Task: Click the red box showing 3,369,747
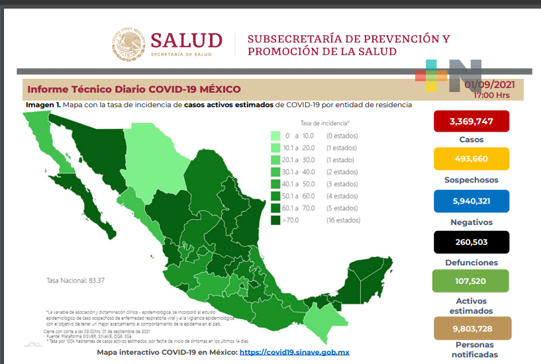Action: coord(471,121)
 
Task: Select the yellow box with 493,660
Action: coord(471,159)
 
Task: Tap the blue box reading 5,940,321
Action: coord(471,201)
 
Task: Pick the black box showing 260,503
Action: coord(471,242)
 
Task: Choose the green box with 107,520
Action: coord(471,281)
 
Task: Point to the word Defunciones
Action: coord(471,262)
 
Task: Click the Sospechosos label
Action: coord(471,179)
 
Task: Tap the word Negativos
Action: coord(471,222)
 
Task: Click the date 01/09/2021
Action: coord(491,85)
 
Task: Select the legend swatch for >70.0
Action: coord(275,220)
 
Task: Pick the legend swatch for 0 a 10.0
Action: coord(275,136)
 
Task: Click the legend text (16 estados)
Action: coord(342,220)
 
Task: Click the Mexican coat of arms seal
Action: coord(128,44)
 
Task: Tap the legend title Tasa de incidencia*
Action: coord(324,123)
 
